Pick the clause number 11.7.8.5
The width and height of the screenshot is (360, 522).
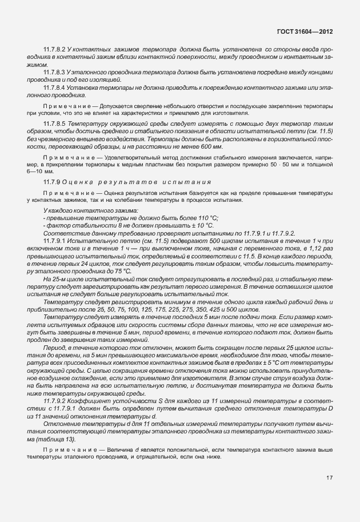54,123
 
